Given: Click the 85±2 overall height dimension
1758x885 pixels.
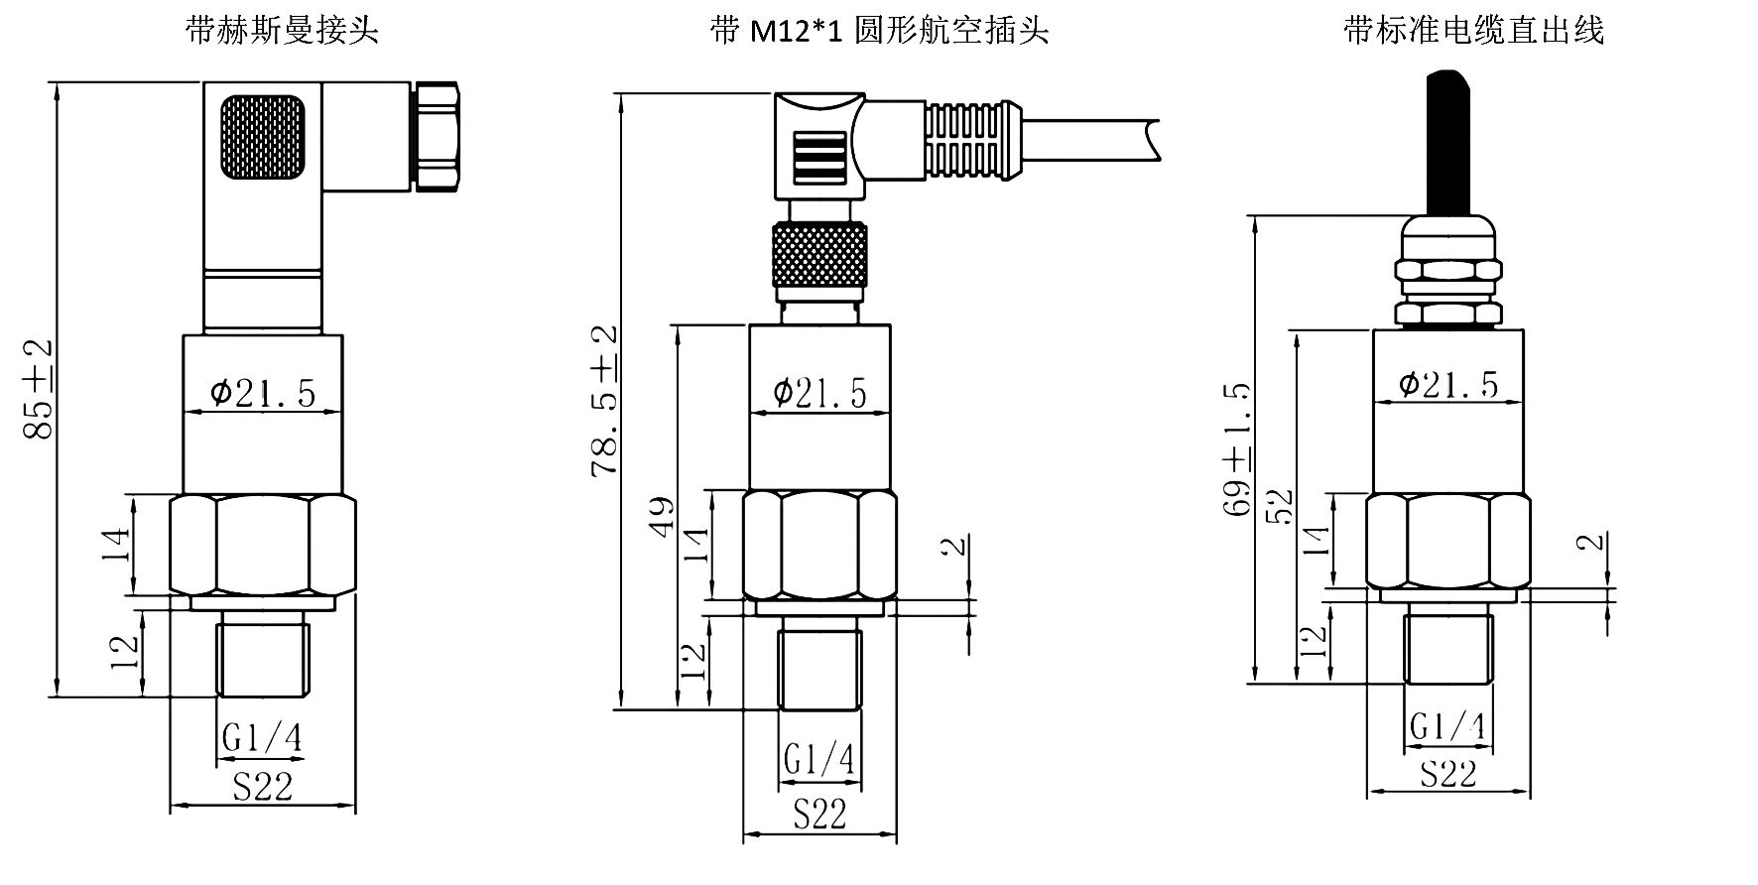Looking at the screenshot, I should (38, 389).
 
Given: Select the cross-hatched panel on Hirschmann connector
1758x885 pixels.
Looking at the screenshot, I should (263, 137).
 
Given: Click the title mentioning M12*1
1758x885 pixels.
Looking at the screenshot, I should (879, 31).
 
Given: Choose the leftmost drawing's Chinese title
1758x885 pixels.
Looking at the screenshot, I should (283, 31).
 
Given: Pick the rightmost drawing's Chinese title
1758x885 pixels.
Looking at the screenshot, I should (1473, 31).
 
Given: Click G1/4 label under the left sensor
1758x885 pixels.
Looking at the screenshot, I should (261, 738).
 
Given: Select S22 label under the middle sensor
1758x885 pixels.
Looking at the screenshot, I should (819, 815).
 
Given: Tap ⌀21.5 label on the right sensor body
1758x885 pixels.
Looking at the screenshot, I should (1448, 384).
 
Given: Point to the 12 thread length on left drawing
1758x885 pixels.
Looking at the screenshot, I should (124, 652).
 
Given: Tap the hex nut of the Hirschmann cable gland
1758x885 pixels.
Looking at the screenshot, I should (438, 135).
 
